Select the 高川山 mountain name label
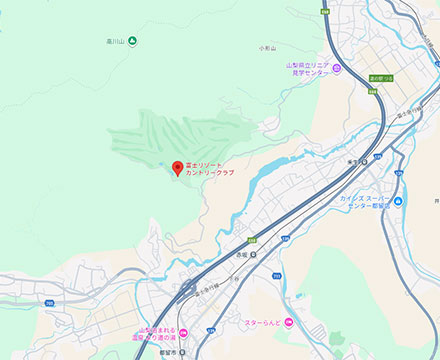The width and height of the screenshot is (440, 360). tap(115, 41)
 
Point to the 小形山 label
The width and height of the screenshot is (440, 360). tap(266, 48)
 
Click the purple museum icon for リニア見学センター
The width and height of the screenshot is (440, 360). tap(337, 68)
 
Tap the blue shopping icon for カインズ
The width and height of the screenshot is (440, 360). tap(397, 201)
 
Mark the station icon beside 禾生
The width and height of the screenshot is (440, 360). tap(365, 161)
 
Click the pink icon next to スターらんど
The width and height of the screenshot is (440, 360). tap(289, 322)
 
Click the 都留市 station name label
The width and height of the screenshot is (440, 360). tap(167, 353)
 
